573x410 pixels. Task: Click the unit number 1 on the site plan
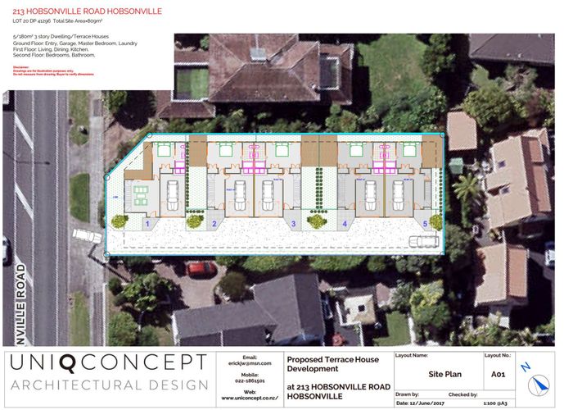tap(147, 223)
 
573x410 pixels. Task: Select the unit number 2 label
tap(214, 223)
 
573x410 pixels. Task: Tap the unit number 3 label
tap(293, 223)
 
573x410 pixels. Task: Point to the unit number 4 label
tap(345, 223)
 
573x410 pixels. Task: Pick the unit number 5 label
tap(425, 223)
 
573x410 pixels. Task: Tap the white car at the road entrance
tap(88, 235)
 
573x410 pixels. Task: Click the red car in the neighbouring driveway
tap(201, 268)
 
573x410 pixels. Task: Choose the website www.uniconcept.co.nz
tap(250, 399)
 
